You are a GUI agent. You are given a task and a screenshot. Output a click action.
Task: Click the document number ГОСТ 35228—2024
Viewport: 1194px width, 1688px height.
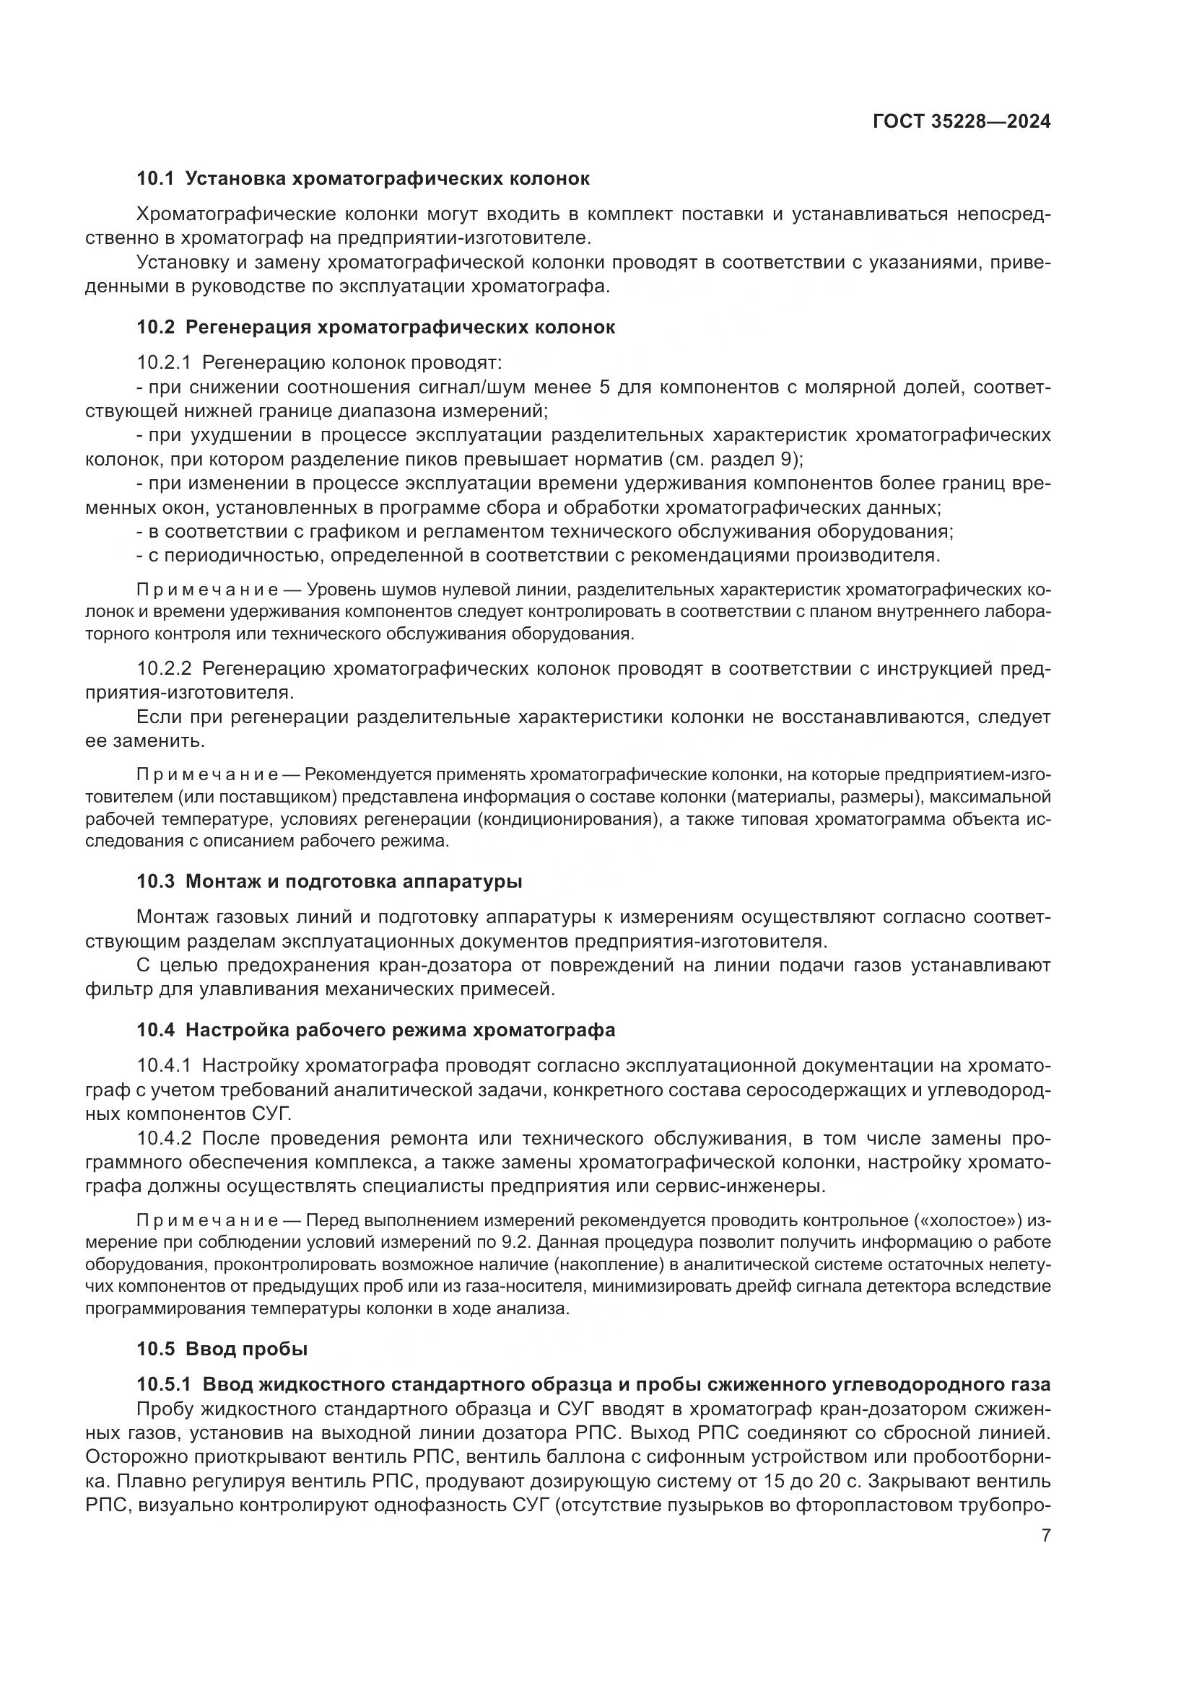point(962,121)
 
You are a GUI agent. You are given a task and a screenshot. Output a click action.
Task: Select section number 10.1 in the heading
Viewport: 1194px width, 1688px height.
point(155,179)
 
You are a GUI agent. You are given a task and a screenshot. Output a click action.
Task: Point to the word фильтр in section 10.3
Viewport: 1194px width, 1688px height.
point(116,989)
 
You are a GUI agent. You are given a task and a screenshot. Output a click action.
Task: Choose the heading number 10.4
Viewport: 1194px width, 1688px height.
point(155,1031)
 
